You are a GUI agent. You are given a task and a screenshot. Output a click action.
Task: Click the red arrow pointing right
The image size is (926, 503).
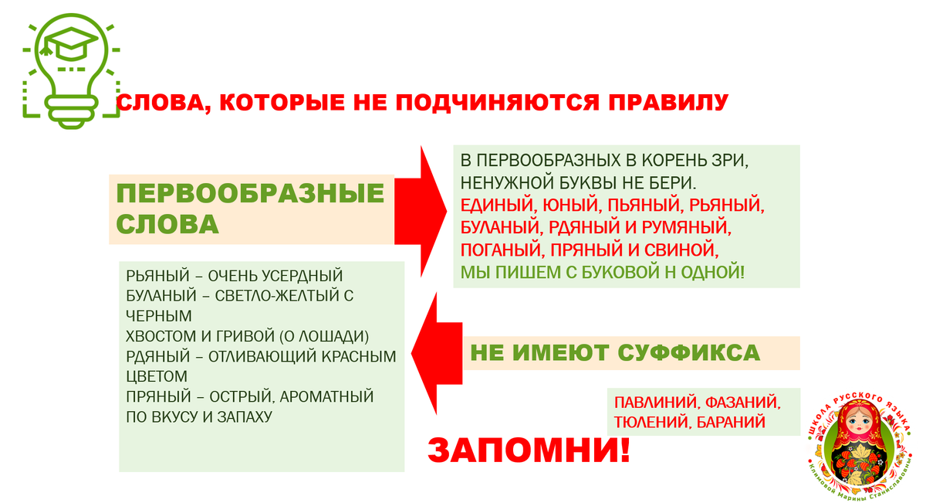(421, 210)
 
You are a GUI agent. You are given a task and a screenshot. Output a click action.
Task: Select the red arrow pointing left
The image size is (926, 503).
(437, 352)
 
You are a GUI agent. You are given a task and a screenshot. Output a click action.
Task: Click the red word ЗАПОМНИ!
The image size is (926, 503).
(529, 449)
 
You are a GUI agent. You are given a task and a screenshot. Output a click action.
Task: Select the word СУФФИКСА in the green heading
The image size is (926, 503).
(689, 353)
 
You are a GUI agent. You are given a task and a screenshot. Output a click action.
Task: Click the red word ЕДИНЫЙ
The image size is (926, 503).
(489, 206)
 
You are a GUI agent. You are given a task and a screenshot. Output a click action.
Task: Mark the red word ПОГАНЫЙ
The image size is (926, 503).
(497, 250)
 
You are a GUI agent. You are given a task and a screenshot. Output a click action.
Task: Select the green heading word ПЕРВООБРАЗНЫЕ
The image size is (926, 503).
(250, 193)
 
